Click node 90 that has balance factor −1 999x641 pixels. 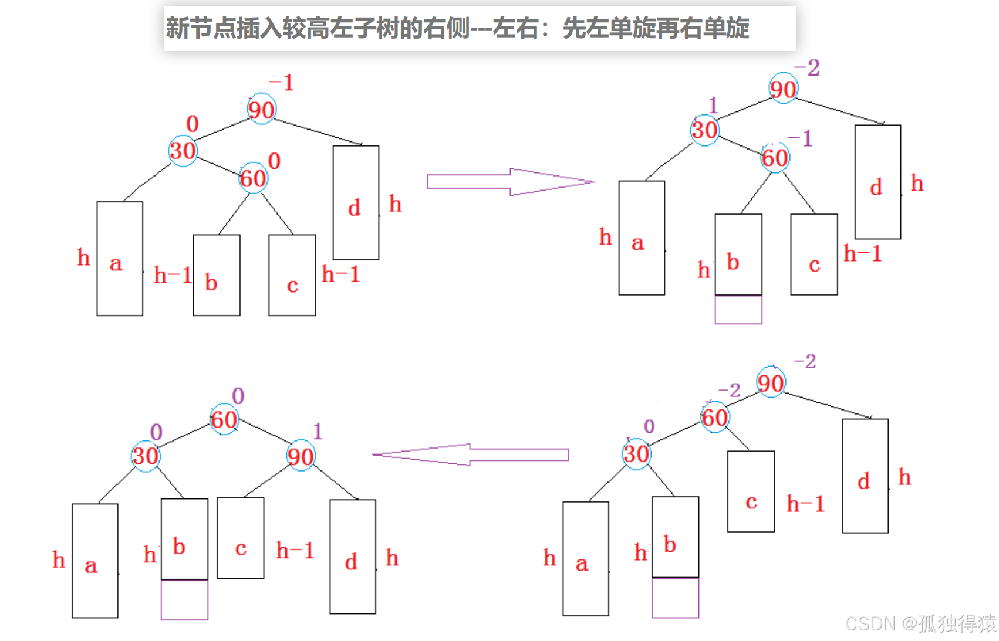pos(261,109)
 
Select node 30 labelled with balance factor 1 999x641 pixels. pos(704,130)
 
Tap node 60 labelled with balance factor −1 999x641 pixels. pos(775,157)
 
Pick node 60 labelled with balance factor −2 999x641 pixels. pos(714,418)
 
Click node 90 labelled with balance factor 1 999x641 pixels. pos(301,456)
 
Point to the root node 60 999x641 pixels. pos(224,419)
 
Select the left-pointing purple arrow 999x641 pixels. pos(470,455)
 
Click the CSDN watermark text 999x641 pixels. pos(920,623)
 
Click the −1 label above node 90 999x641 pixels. pos(281,83)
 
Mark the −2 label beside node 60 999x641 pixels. pos(730,390)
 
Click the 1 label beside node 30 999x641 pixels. pos(713,106)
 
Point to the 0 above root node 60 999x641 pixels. pos(238,396)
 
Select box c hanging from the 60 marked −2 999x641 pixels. pos(751,491)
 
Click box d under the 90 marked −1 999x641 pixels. pos(356,202)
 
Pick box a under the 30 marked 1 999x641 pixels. pos(642,238)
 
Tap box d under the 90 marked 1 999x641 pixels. pos(353,557)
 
